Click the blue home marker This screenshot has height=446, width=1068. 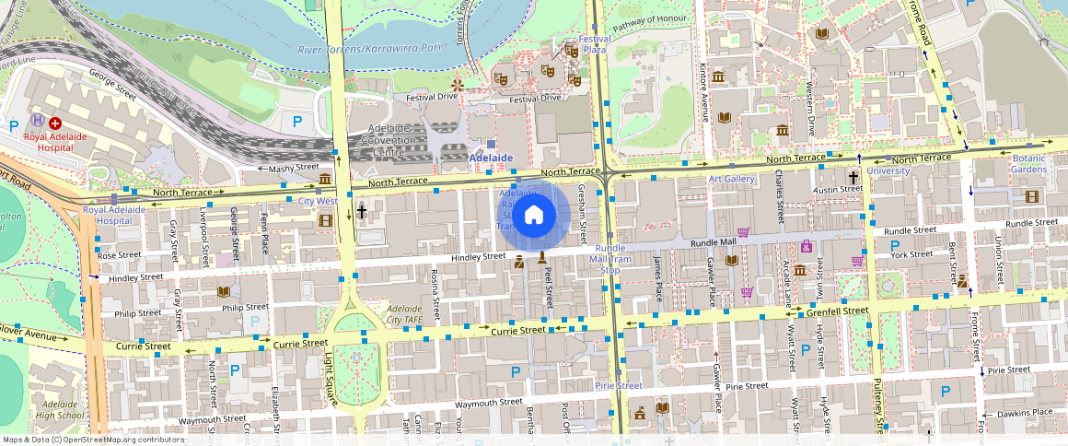[x=533, y=215]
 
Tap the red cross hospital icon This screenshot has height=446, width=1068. [x=55, y=123]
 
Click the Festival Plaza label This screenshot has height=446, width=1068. [x=595, y=44]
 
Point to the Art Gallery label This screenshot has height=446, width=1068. [x=731, y=179]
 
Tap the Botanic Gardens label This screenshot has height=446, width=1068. [x=1029, y=164]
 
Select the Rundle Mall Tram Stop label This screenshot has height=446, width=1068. [x=610, y=259]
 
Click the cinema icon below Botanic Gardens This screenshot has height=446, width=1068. [x=1030, y=196]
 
